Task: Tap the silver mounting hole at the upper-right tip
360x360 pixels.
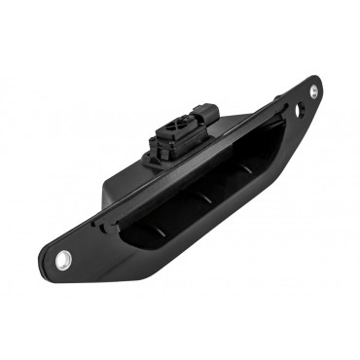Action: tap(313, 91)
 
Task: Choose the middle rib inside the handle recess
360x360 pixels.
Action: tap(204, 195)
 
